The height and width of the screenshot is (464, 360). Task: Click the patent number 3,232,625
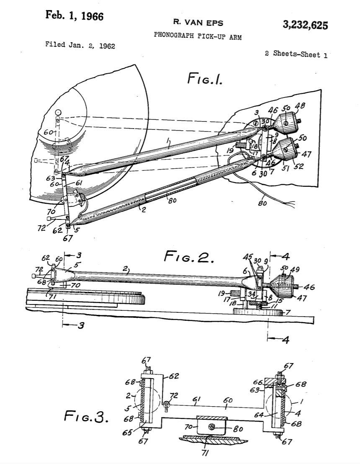pyautogui.click(x=305, y=25)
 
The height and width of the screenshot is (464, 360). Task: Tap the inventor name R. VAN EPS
pyautogui.click(x=198, y=23)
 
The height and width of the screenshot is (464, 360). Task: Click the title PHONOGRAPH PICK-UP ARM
pyautogui.click(x=198, y=36)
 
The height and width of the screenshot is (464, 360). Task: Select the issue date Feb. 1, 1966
pyautogui.click(x=74, y=15)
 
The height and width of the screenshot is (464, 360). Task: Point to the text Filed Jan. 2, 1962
pyautogui.click(x=80, y=45)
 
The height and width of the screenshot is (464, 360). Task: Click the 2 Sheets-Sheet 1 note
pyautogui.click(x=296, y=54)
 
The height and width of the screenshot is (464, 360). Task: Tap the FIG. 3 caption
pyautogui.click(x=86, y=416)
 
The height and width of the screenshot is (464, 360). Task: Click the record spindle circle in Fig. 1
pyautogui.click(x=58, y=113)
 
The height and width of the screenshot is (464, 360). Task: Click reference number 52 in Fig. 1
pyautogui.click(x=298, y=166)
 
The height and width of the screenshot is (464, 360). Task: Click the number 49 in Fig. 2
pyautogui.click(x=294, y=269)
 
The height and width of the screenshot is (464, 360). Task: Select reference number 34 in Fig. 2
pyautogui.click(x=252, y=294)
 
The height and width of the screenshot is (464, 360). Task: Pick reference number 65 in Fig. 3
pyautogui.click(x=128, y=433)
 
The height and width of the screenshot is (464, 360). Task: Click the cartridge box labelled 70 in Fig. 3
pyautogui.click(x=212, y=426)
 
